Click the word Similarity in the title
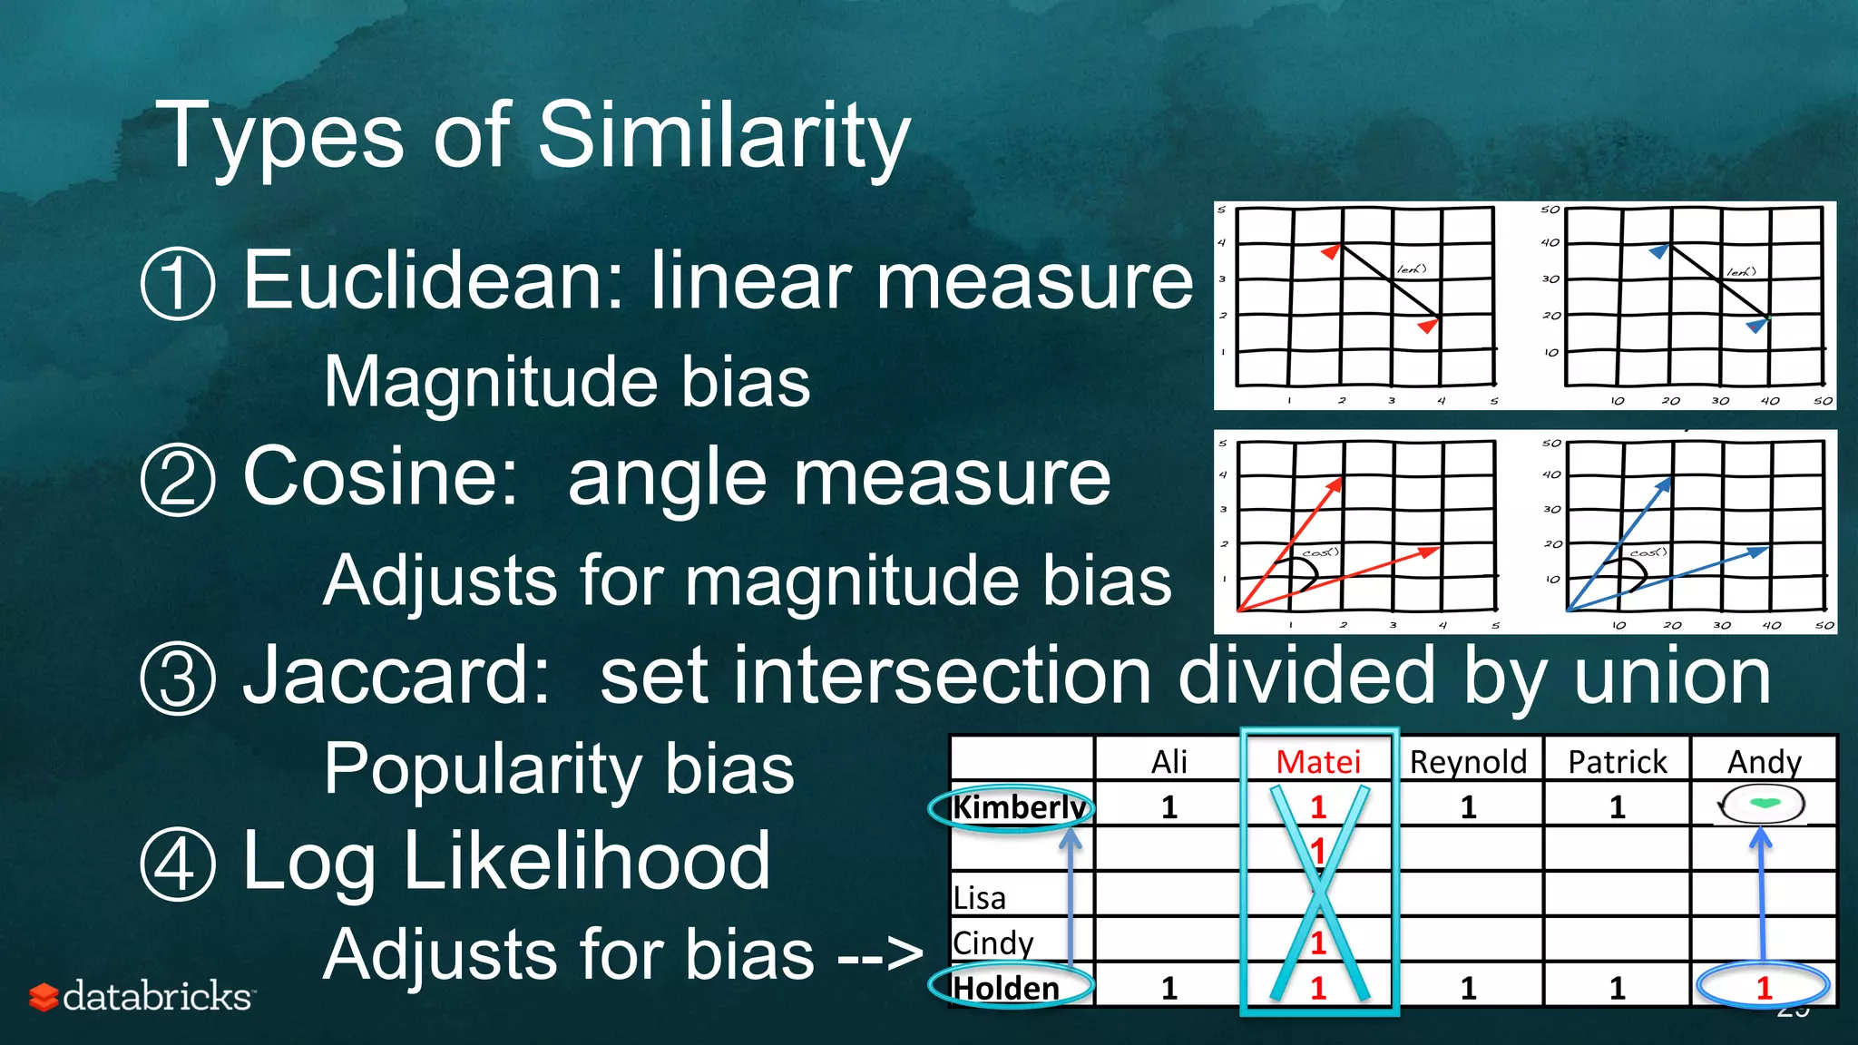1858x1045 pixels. pos(723,136)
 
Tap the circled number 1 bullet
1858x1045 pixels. pos(178,283)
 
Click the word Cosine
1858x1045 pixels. pos(381,477)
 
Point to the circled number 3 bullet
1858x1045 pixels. pos(178,679)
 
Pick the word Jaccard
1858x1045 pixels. pos(396,676)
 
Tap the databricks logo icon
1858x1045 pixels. pos(44,996)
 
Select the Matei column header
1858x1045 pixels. pos(1318,762)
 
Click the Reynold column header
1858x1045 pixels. pos(1468,762)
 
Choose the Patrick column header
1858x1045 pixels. pos(1618,762)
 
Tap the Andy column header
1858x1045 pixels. pos(1764,762)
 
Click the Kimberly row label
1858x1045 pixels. pos(1018,806)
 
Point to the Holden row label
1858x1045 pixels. pos(1006,988)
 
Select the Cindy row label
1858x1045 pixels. pos(993,943)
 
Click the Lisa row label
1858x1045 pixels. pos(979,898)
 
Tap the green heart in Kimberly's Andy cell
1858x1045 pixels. pos(1763,803)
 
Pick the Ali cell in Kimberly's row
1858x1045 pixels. pos(1169,806)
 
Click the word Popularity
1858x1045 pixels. pos(479,769)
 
